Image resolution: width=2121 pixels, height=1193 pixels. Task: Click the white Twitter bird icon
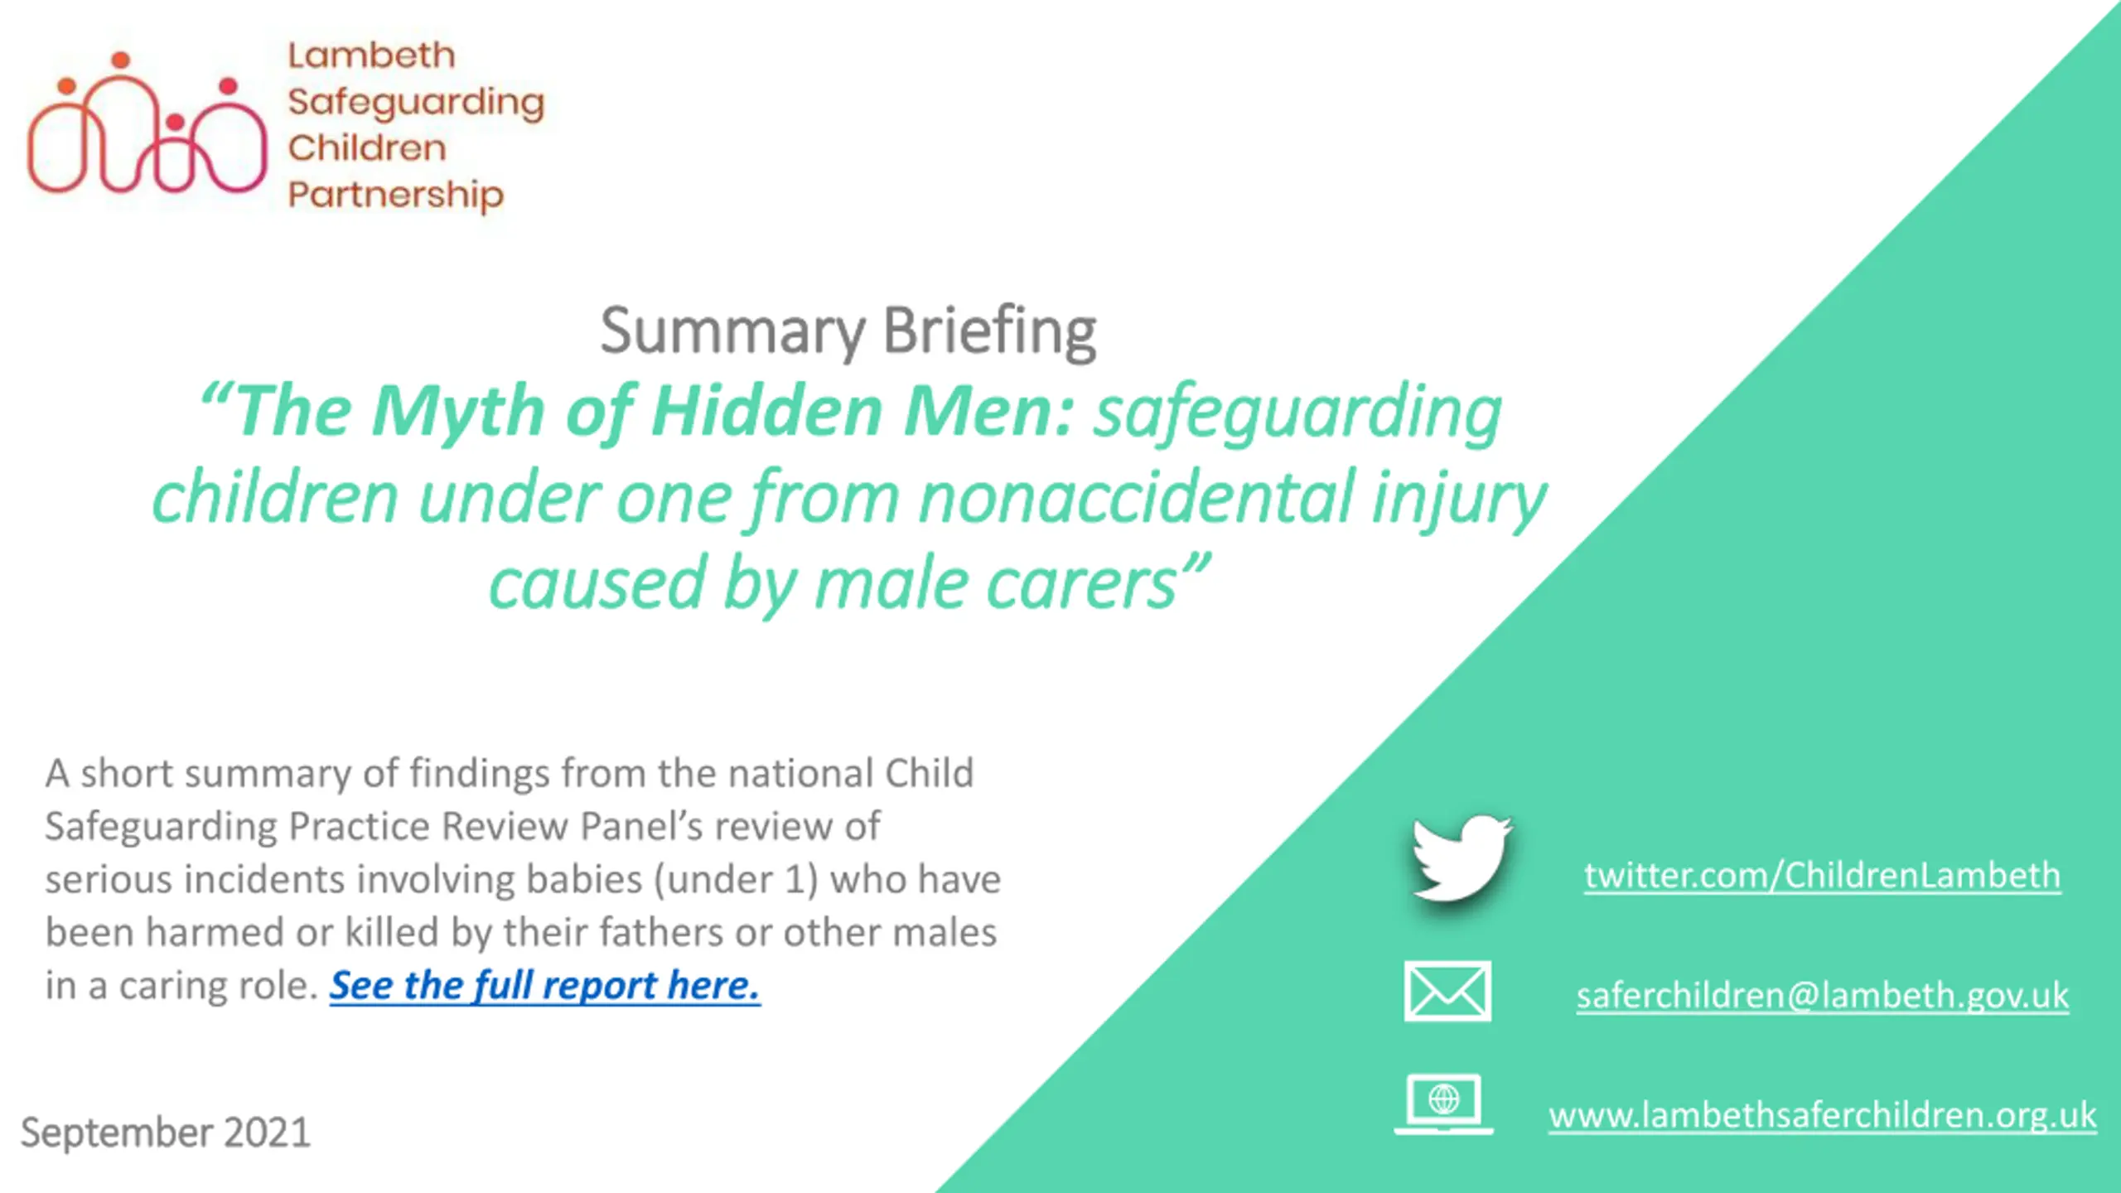tap(1462, 859)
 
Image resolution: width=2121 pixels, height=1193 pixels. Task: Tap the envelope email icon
tap(1447, 992)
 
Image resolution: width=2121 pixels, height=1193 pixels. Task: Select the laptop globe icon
tap(1443, 1104)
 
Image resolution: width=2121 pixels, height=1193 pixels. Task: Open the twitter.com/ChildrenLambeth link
tap(1822, 876)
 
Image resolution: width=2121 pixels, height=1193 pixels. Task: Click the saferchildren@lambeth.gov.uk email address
tap(1823, 995)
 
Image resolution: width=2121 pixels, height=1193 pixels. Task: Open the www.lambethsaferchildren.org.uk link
tap(1823, 1115)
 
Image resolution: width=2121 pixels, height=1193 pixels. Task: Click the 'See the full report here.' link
tap(544, 985)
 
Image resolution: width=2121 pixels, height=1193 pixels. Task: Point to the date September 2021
tap(166, 1132)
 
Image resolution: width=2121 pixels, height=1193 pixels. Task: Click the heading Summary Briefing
tap(848, 331)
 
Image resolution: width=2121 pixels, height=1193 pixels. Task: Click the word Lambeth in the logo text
tap(371, 56)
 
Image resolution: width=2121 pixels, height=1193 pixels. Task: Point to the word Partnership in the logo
tap(395, 196)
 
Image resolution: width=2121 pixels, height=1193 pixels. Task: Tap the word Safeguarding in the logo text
tap(416, 103)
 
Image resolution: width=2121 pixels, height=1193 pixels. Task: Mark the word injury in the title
tap(1459, 499)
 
